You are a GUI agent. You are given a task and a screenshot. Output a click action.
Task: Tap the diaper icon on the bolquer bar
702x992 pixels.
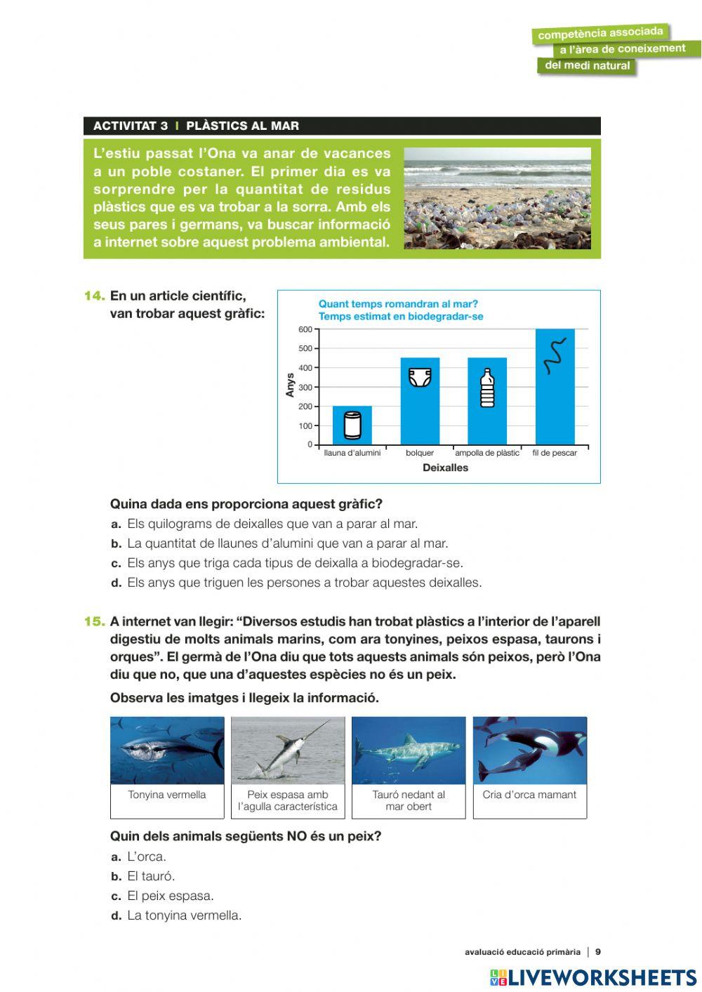coord(420,378)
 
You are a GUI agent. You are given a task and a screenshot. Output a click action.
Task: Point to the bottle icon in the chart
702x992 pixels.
coord(487,388)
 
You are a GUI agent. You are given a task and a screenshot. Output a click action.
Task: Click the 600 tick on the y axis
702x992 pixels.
coord(305,329)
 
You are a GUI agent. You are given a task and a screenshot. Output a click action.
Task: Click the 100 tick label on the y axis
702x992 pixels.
coord(305,426)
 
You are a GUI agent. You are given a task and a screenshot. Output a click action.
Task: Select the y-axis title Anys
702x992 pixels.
coord(290,385)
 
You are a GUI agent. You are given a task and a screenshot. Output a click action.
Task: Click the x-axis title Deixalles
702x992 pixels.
coord(445,468)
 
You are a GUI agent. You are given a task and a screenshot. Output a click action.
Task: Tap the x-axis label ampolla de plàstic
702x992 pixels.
coord(487,453)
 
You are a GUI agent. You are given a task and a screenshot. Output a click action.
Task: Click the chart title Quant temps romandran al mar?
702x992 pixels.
coord(398,304)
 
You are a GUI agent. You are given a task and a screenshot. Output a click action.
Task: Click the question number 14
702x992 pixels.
coord(94,296)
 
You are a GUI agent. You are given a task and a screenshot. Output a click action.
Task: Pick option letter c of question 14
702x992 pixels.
coord(117,563)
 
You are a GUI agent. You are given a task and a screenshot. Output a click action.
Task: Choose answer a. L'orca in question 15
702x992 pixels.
coord(147,857)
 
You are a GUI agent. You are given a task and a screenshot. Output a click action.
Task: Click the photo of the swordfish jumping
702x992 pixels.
coord(288,750)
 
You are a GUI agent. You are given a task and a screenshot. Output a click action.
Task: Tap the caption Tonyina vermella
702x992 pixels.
coord(167,795)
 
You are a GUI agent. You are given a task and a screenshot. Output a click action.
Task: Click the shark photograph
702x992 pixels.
coord(409,750)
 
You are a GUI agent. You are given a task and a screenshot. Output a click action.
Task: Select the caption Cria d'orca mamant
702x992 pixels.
coord(529,795)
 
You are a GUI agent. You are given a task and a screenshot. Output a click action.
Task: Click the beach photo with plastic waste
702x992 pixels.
coord(497,198)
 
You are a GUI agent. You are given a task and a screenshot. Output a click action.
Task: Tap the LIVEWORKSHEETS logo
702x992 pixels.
coord(592,977)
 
